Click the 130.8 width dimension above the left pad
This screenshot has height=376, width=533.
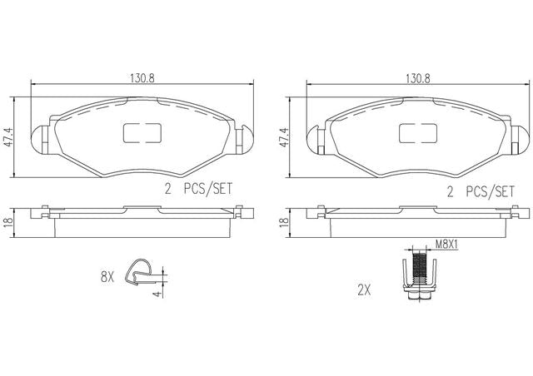point(142,78)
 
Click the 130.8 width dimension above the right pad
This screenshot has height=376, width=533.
point(418,78)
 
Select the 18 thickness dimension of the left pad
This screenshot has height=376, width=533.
point(7,222)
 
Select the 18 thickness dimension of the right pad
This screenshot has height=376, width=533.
point(283,222)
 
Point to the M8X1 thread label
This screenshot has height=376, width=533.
point(446,244)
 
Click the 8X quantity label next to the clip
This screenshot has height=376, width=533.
point(107,278)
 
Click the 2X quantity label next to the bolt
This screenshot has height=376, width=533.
point(364,290)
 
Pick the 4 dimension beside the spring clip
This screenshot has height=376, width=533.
point(157,294)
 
